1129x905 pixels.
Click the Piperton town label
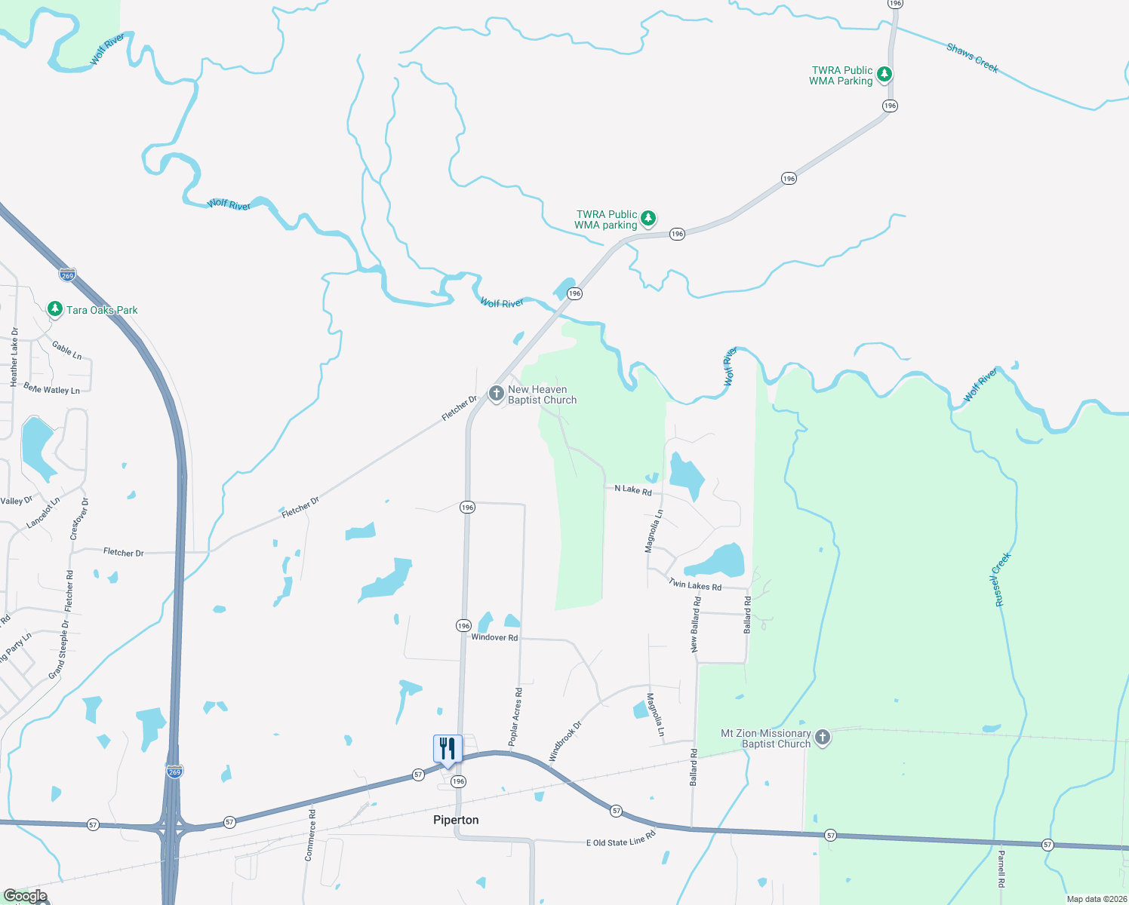pyautogui.click(x=456, y=820)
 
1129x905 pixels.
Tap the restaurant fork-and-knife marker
pyautogui.click(x=448, y=749)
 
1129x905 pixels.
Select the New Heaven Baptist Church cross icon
pyautogui.click(x=496, y=393)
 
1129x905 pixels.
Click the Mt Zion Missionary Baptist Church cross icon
pyautogui.click(x=823, y=738)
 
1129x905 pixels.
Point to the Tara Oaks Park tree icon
pyautogui.click(x=54, y=309)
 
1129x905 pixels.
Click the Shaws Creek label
pyautogui.click(x=972, y=58)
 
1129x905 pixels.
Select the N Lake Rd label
pyautogui.click(x=632, y=489)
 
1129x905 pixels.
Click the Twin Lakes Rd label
pyautogui.click(x=694, y=584)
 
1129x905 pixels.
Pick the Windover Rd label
pyautogui.click(x=494, y=637)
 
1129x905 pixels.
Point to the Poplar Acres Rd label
pyautogui.click(x=515, y=716)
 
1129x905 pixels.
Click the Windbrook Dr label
pyautogui.click(x=565, y=741)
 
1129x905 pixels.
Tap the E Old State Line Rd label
pyautogui.click(x=620, y=839)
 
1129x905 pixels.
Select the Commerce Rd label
pyautogui.click(x=310, y=835)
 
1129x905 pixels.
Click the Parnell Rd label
pyautogui.click(x=1001, y=869)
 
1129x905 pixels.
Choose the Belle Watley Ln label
pyautogui.click(x=51, y=388)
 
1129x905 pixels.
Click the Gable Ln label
pyautogui.click(x=67, y=350)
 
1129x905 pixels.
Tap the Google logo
pyautogui.click(x=25, y=896)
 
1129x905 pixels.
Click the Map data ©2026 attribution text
pyautogui.click(x=1096, y=899)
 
